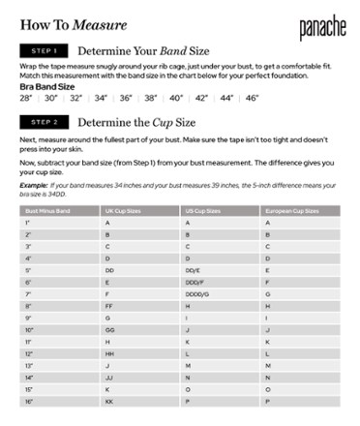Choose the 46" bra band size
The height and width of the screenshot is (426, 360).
click(x=252, y=98)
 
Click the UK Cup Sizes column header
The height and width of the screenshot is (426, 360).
click(x=122, y=209)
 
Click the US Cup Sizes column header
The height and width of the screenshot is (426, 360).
click(x=202, y=209)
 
